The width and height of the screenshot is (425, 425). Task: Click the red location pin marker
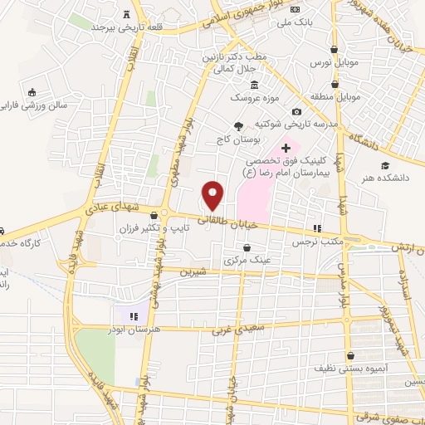(x=213, y=195)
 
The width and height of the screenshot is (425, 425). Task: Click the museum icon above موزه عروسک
(x=254, y=85)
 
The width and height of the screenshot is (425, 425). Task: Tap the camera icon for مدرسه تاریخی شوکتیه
(x=296, y=112)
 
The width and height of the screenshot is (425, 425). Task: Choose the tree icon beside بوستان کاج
(x=239, y=126)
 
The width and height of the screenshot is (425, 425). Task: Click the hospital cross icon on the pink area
(x=286, y=147)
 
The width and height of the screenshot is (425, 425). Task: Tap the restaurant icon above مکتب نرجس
(x=316, y=228)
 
